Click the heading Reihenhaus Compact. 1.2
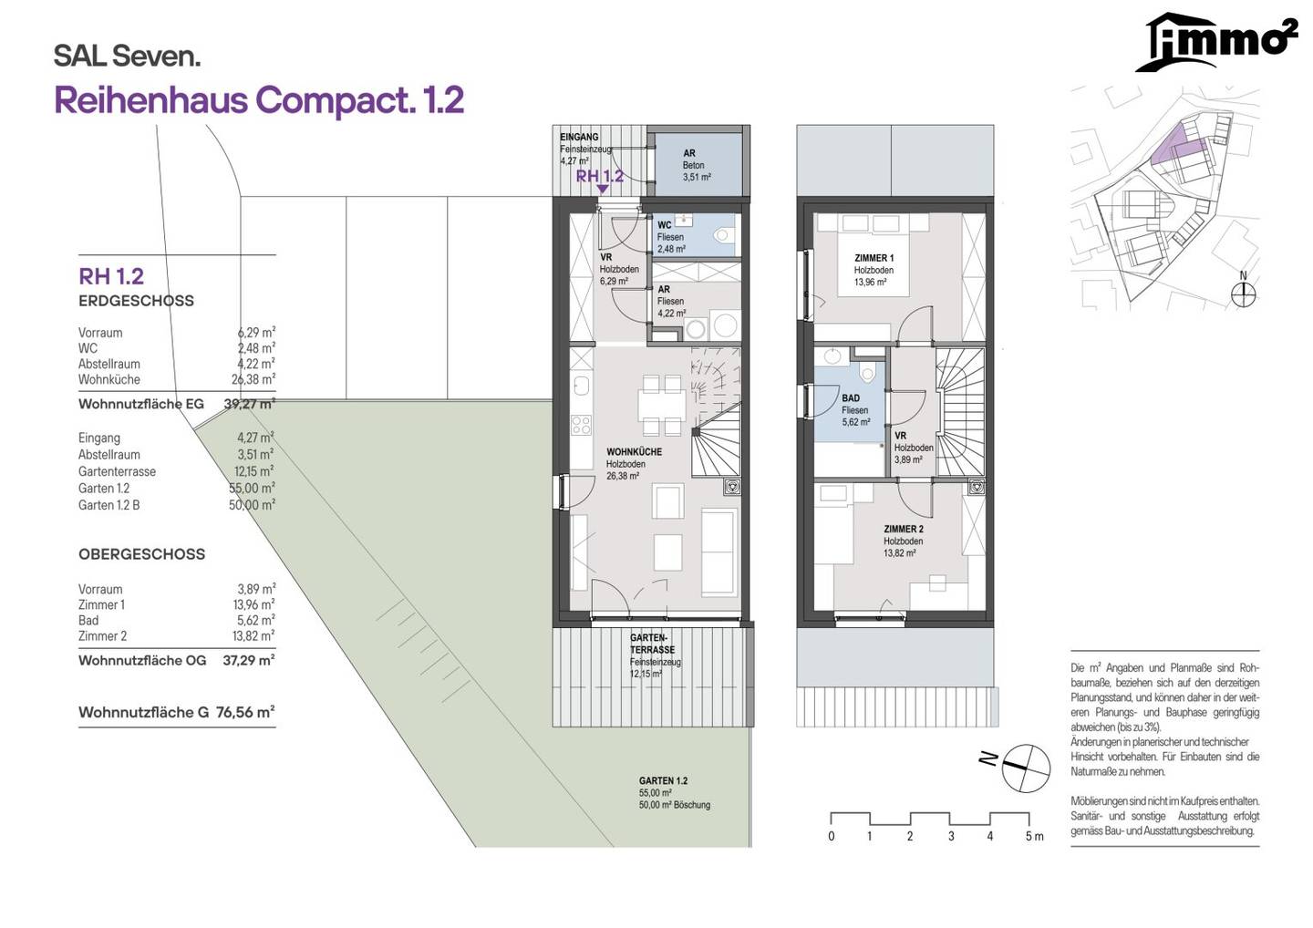click(x=259, y=100)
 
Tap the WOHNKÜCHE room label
click(x=635, y=452)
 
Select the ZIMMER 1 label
click(x=874, y=258)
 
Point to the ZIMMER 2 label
click(x=904, y=529)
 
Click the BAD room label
click(x=851, y=398)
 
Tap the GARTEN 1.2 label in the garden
click(x=664, y=781)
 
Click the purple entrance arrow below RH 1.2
click(x=602, y=189)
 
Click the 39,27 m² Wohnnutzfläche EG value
click(x=250, y=404)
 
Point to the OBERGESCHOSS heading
click(x=142, y=554)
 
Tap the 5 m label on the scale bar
click(x=1035, y=837)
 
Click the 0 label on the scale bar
click(x=832, y=837)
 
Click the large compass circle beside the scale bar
click(x=1026, y=768)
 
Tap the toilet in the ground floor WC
click(x=725, y=235)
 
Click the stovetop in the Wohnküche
click(x=582, y=425)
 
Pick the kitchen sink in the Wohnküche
click(x=582, y=386)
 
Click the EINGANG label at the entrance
click(x=579, y=137)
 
